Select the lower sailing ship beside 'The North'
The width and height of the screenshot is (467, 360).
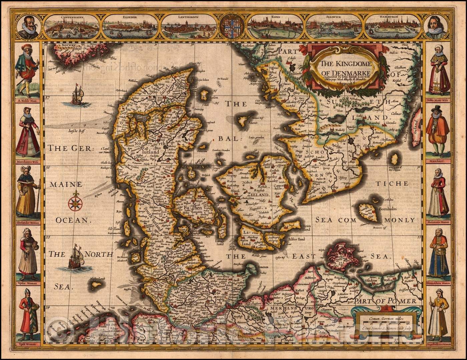(x=76, y=258)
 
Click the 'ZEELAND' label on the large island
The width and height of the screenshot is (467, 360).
(x=258, y=194)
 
